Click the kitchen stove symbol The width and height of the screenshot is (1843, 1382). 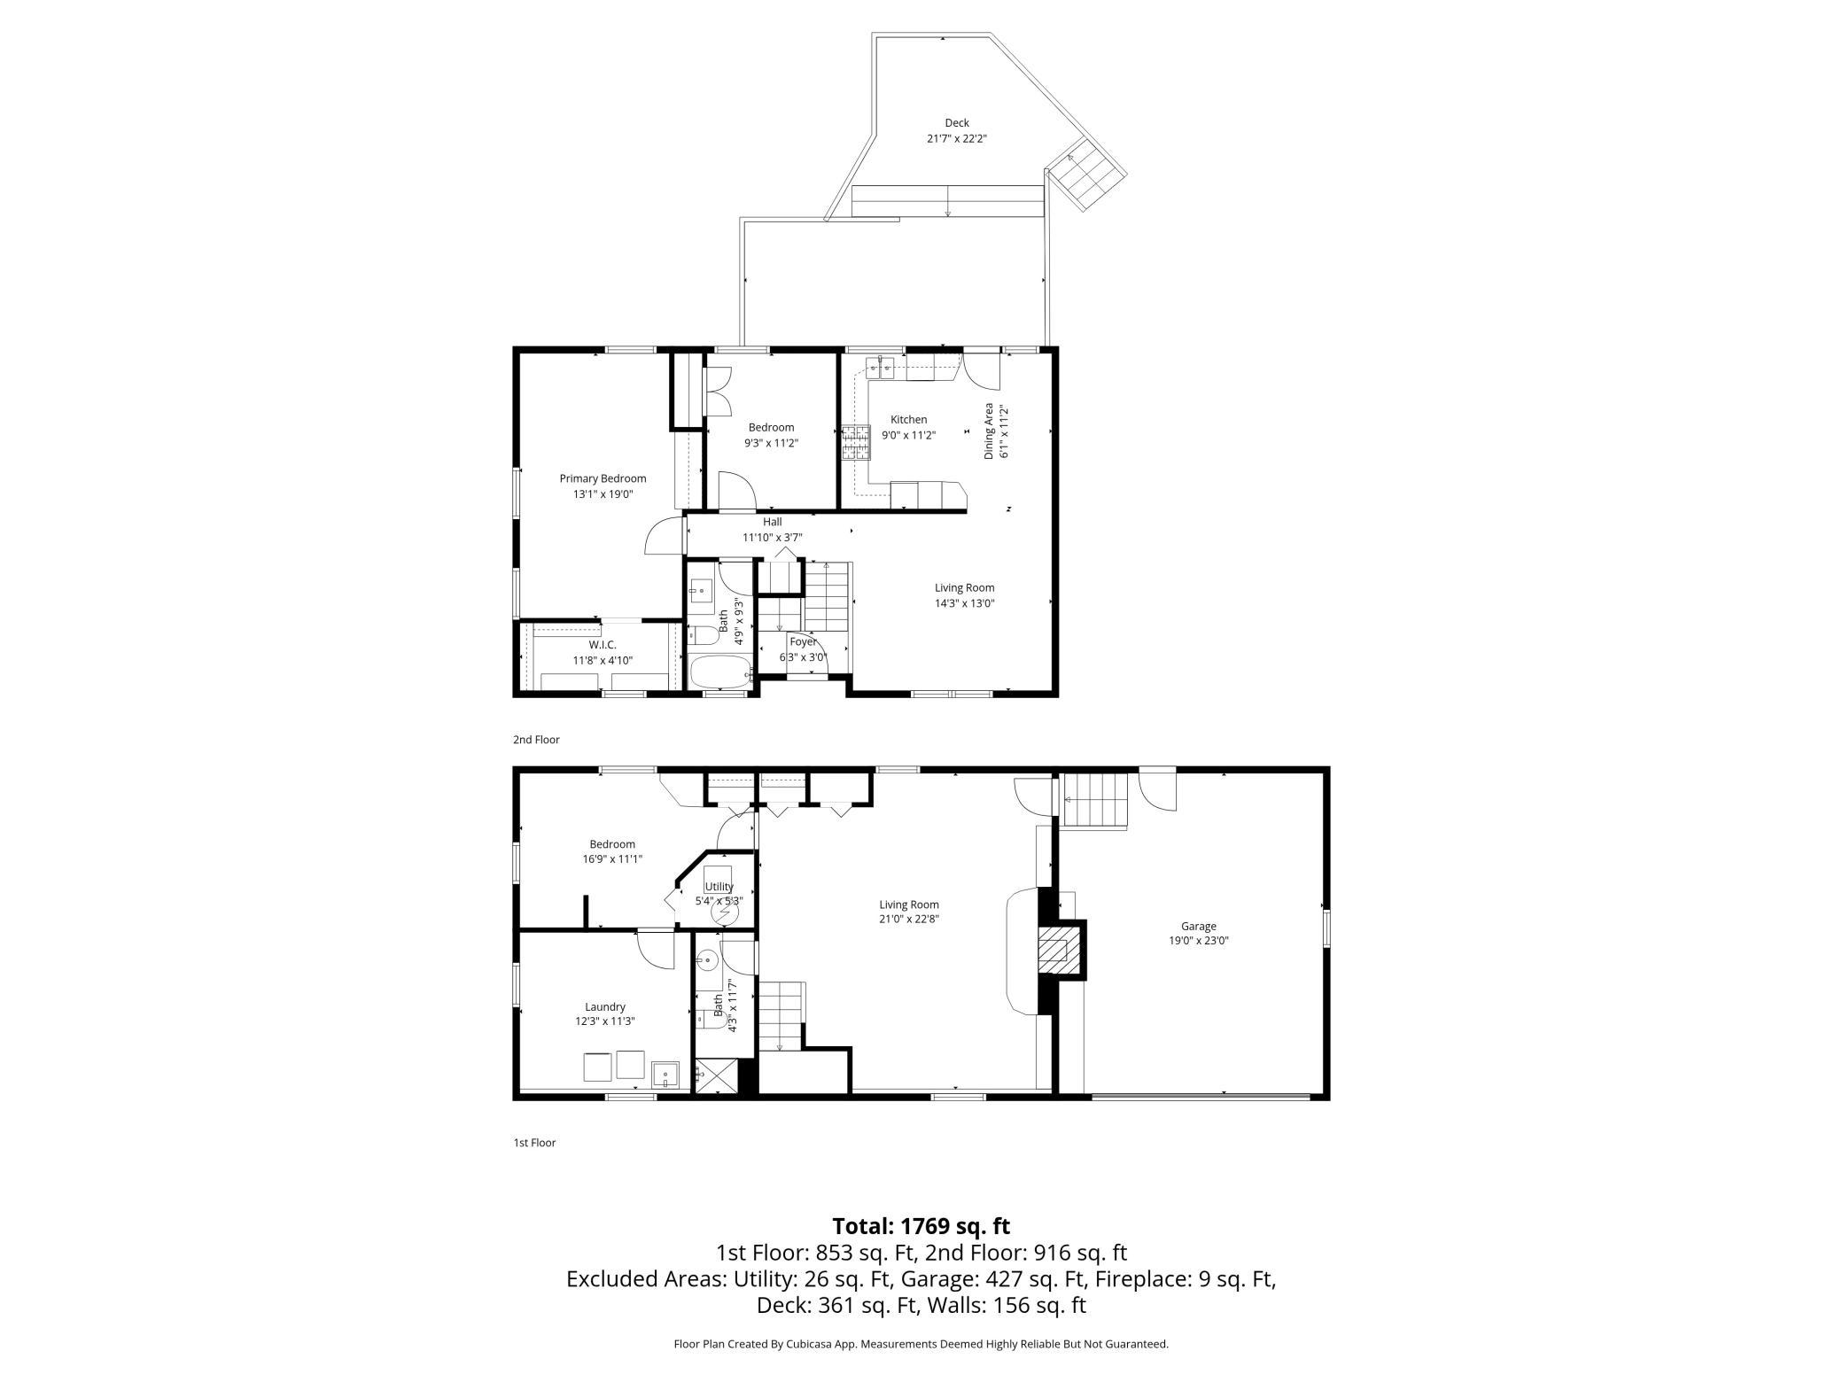[x=857, y=443]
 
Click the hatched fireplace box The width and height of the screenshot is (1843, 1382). [x=1054, y=951]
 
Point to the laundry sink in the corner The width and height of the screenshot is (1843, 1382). [x=665, y=1074]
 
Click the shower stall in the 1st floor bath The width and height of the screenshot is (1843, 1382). [x=717, y=1075]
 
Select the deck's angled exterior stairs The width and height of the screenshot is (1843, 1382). [x=1085, y=175]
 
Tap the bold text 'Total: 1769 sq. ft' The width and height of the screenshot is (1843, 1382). [x=921, y=1226]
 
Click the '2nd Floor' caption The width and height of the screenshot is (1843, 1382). [x=536, y=740]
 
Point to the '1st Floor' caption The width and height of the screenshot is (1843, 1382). [x=534, y=1143]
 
